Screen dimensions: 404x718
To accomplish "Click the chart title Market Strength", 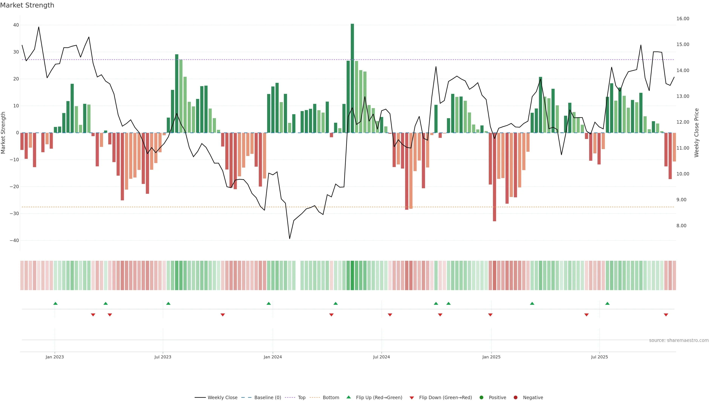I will click(x=27, y=5).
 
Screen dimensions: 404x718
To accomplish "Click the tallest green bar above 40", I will click(x=352, y=78).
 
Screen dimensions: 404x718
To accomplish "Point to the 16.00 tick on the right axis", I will click(x=683, y=19).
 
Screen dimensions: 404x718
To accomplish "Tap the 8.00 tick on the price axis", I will click(x=681, y=226).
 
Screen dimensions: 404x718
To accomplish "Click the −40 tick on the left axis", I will click(x=14, y=240).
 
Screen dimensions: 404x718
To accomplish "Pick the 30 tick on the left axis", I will click(x=16, y=52).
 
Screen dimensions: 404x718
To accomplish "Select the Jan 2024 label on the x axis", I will click(x=273, y=357).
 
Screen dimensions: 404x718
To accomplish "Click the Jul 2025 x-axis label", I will click(x=599, y=357).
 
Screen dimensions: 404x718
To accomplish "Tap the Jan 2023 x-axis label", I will click(x=55, y=357).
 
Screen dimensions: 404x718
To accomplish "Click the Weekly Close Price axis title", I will click(x=696, y=133).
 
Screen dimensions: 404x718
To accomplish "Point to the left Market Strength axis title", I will click(x=3, y=133).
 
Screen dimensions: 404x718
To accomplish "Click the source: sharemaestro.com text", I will click(x=679, y=340).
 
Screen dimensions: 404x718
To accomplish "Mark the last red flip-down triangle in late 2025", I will click(x=666, y=315).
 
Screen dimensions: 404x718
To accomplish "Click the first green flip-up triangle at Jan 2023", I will click(x=56, y=303).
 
